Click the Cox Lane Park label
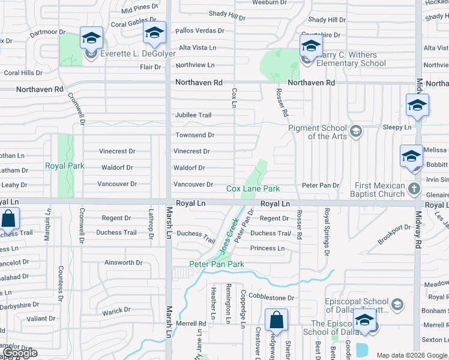(253, 188)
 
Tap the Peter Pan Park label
(217, 264)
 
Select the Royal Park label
(65, 166)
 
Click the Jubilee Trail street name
(193, 115)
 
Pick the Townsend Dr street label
(194, 136)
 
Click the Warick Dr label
(116, 311)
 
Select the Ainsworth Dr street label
(124, 263)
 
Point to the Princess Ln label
(267, 248)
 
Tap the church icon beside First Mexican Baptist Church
(413, 189)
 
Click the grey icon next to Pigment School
(356, 131)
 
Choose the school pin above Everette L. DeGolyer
(92, 39)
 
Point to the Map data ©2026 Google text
(412, 355)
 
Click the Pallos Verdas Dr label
(200, 31)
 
